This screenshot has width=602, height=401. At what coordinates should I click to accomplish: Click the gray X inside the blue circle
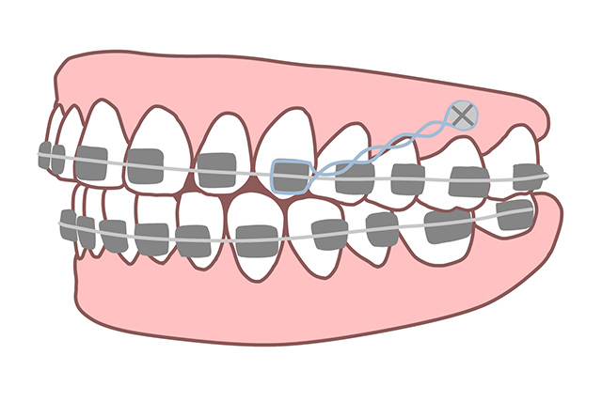pos(461,116)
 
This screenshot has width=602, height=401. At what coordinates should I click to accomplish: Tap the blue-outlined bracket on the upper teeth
pos(290,175)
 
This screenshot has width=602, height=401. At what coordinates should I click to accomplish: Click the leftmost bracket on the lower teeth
pos(68,224)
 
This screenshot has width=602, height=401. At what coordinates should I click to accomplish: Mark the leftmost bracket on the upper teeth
pos(46,156)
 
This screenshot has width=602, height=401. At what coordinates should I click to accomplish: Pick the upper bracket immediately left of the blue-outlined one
pos(215,169)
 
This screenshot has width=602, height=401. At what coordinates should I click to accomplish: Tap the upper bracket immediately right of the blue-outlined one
pos(353,178)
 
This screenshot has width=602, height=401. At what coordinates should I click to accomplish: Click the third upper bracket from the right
pos(407,178)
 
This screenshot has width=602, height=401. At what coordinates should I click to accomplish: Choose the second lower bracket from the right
pos(447,225)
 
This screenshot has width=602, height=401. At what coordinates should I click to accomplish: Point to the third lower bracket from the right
pos(381,228)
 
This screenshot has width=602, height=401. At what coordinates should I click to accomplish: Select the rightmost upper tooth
pos(522,155)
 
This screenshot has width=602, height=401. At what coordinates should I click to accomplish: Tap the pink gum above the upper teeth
pos(282,80)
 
